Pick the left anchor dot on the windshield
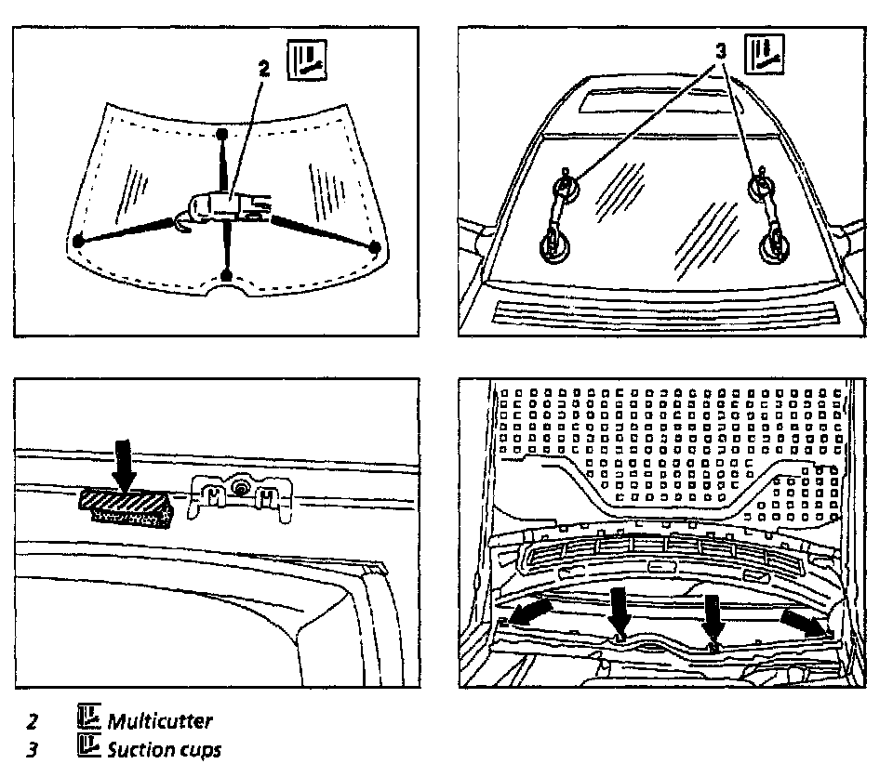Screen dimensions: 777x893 coord(79,241)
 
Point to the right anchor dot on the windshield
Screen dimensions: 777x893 coord(375,247)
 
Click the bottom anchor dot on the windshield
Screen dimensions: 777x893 coord(226,274)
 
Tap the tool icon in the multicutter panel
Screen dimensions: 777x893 coord(306,60)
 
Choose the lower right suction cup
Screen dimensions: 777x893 coord(775,247)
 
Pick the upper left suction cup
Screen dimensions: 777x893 coord(565,189)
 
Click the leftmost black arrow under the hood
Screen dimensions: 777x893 coord(531,611)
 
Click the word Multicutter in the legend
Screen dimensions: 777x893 coord(160,721)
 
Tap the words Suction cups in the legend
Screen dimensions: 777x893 coord(165,749)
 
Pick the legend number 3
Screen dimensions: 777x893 coord(33,749)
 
